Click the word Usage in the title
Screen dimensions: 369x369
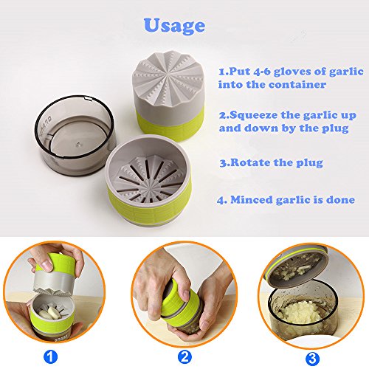click(174, 26)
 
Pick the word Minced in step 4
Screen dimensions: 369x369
click(252, 199)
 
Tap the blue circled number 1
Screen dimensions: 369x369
click(51, 357)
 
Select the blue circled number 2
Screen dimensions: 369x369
click(184, 357)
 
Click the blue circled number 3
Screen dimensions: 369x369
click(312, 359)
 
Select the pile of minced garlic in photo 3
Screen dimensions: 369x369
click(302, 311)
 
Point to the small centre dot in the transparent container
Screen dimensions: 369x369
click(78, 144)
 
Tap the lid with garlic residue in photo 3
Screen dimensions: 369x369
click(297, 266)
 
